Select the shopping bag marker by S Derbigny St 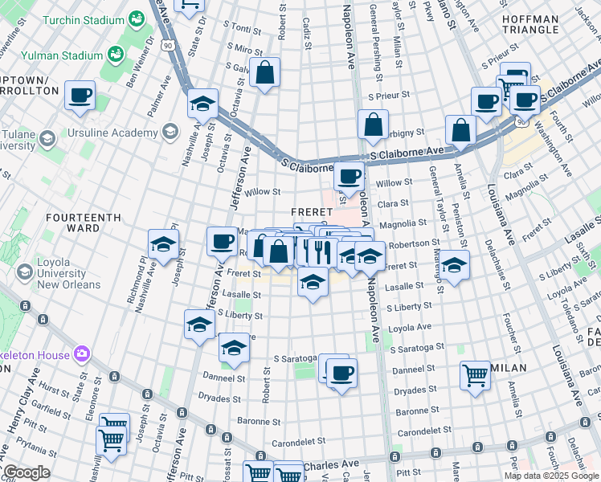[x=373, y=125]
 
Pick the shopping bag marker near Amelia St [x=460, y=131]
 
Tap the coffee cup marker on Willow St [x=348, y=176]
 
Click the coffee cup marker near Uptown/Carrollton [x=80, y=96]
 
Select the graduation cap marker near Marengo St [x=454, y=265]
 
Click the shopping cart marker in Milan [x=475, y=374]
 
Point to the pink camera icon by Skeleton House [x=81, y=353]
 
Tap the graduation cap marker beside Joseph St [x=163, y=244]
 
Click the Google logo [x=26, y=472]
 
